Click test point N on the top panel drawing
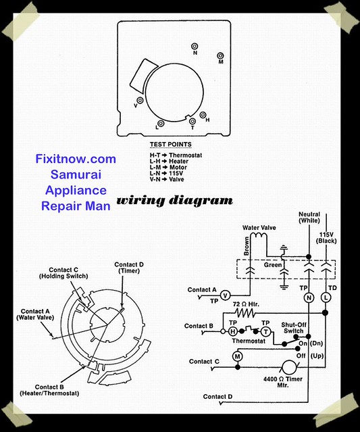click(195, 46)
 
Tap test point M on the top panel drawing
click(220, 55)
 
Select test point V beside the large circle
click(140, 100)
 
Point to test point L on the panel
click(161, 124)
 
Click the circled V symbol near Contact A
click(226, 296)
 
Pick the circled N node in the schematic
click(309, 297)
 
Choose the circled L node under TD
click(326, 297)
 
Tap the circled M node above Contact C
click(237, 356)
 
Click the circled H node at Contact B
click(233, 331)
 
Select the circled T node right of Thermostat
click(265, 331)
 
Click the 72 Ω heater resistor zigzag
click(245, 313)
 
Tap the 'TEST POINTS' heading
click(171, 145)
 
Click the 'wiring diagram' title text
click(174, 201)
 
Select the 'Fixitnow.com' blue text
click(76, 159)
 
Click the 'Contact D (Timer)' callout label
click(129, 268)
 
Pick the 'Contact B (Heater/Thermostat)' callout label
click(49, 390)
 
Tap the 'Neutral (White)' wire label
click(309, 217)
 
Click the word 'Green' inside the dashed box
click(273, 265)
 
